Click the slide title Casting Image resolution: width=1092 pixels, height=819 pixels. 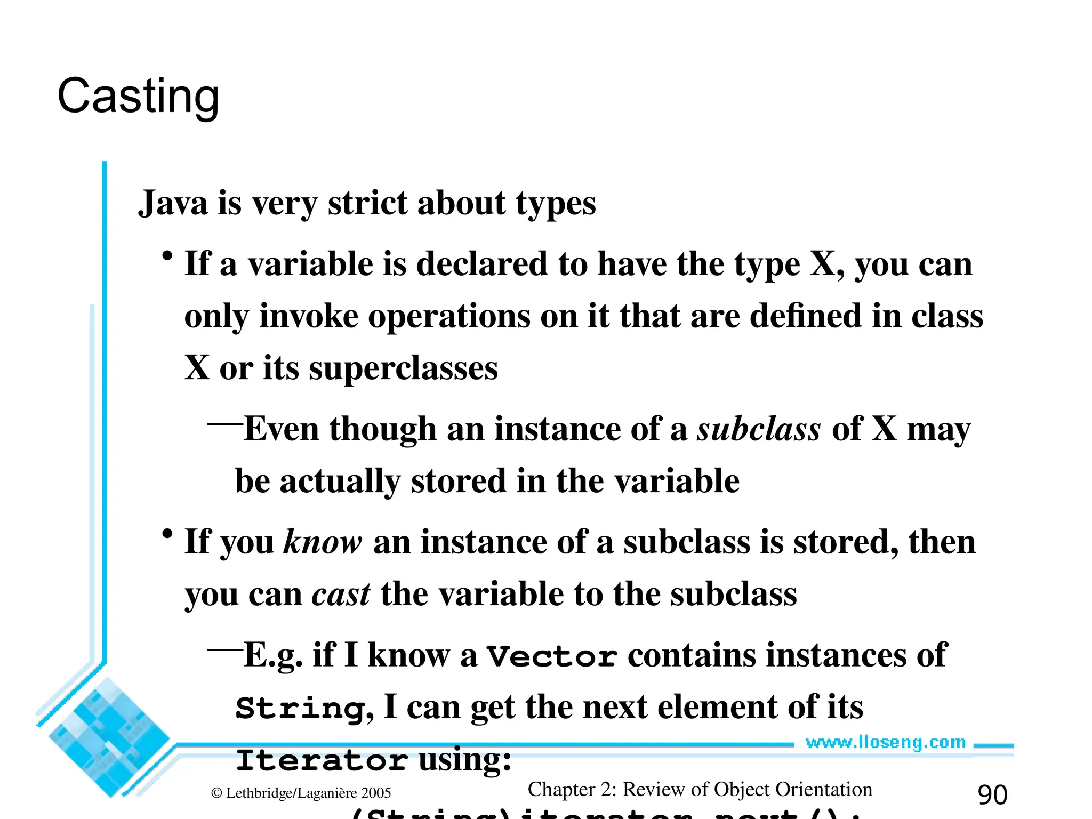[x=138, y=97]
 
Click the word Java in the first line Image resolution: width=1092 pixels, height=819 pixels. [x=173, y=203]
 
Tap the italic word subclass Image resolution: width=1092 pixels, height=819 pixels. [x=759, y=429]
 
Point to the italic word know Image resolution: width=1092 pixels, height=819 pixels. [x=323, y=542]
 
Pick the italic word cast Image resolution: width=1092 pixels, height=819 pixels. [x=341, y=595]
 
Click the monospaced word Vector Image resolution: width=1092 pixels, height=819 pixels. [x=552, y=656]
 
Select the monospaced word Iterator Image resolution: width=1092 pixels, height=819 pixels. [x=322, y=760]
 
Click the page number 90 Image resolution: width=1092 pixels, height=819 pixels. [x=992, y=795]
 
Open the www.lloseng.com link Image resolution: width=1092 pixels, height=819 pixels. [x=885, y=742]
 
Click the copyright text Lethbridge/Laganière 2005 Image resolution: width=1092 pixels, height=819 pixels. [x=301, y=793]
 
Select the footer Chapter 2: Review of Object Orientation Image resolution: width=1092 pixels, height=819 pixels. [x=700, y=790]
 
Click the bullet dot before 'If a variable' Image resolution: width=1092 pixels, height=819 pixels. [x=167, y=256]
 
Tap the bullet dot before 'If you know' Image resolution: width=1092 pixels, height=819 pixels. [x=167, y=534]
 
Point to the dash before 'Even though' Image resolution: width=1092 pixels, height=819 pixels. [x=224, y=424]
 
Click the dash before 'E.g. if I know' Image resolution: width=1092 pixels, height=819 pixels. [x=224, y=650]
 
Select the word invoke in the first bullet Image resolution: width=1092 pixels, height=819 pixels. [x=309, y=316]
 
